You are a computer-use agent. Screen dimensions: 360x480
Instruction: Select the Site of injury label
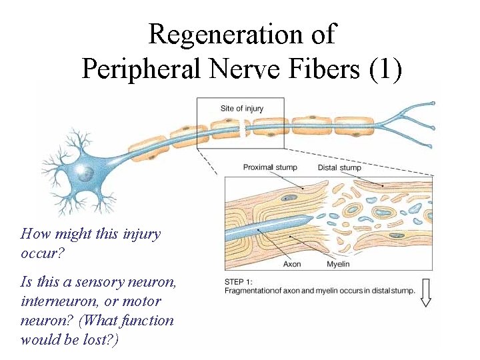241,109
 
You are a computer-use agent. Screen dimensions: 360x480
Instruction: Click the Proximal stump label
270,167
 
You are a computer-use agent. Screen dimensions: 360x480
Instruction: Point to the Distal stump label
339,167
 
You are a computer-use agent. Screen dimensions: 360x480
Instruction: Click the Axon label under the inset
292,264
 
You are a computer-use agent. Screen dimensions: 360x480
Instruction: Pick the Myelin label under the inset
337,264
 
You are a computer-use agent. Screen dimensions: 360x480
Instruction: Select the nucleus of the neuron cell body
85,174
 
